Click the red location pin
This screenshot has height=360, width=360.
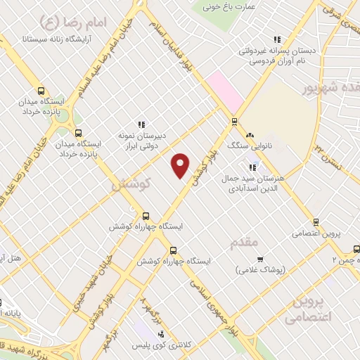(181, 165)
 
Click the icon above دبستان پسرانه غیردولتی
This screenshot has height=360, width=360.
(277, 39)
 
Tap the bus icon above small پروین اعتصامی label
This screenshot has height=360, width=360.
(316, 221)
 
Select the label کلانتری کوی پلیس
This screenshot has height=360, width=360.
(163, 345)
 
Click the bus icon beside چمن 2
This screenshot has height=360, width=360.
(356, 249)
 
